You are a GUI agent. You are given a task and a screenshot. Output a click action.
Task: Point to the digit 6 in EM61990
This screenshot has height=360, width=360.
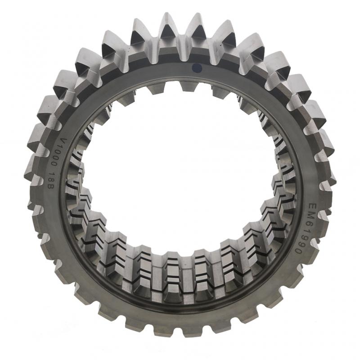[307, 221]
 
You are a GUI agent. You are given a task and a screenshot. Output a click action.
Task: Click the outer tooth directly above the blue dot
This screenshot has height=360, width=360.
[196, 27]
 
